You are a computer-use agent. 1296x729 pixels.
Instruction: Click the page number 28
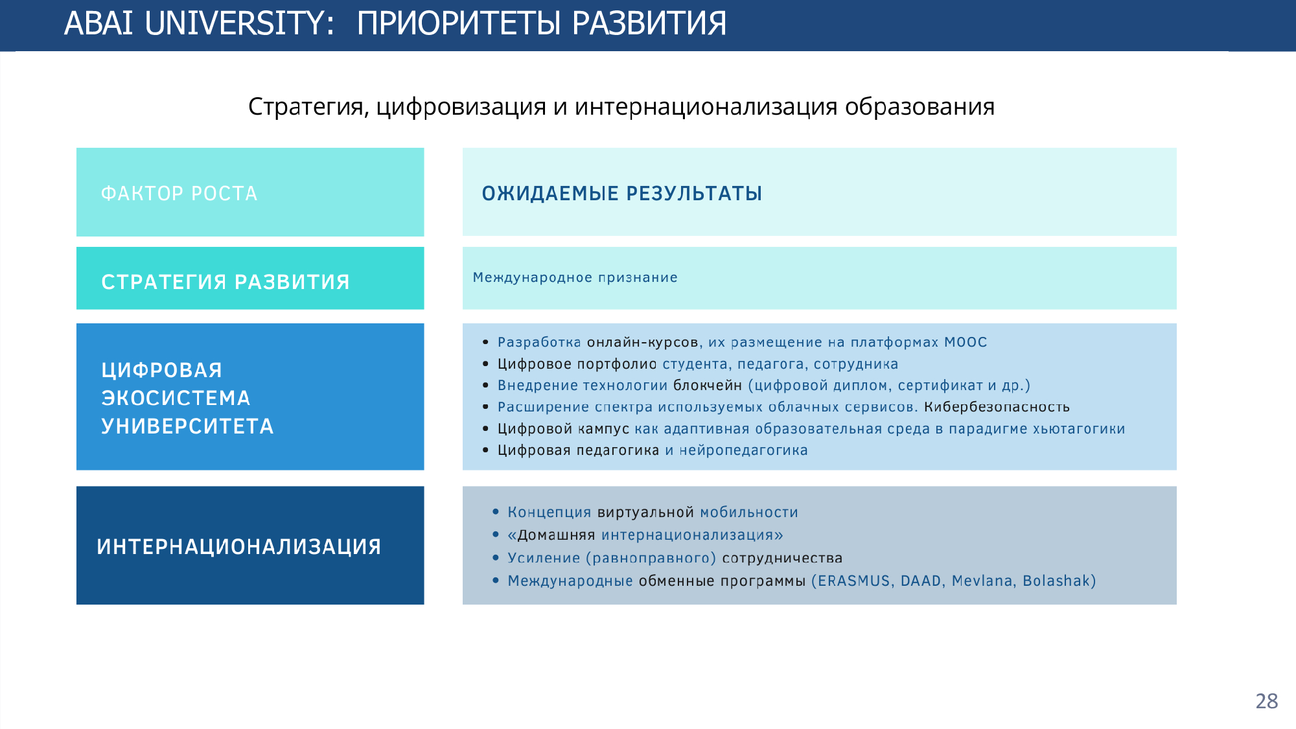pos(1267,701)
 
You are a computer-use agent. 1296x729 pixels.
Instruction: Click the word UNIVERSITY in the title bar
pos(238,23)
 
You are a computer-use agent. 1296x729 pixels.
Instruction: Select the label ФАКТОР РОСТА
pos(179,193)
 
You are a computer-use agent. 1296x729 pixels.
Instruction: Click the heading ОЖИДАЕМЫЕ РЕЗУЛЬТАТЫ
pos(622,193)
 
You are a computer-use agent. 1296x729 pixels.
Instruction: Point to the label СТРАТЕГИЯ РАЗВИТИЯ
pos(226,282)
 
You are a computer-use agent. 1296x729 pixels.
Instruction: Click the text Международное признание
pos(575,277)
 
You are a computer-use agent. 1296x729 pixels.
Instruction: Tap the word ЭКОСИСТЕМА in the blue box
pos(176,398)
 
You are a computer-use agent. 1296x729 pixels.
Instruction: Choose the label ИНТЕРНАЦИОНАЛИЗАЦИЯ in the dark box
pos(239,547)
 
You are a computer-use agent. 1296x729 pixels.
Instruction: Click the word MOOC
pos(966,342)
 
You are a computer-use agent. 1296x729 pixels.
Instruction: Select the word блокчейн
pos(708,385)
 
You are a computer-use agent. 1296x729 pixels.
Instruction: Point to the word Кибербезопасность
pos(997,407)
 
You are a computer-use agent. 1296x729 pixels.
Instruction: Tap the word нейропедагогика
pos(743,450)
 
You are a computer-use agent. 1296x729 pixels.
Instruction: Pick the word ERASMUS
pos(853,581)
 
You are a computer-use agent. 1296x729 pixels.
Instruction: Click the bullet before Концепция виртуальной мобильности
pos(496,512)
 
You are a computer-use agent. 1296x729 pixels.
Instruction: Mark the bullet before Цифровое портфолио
pos(485,364)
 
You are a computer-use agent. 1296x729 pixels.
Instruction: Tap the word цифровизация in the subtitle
pos(461,107)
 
